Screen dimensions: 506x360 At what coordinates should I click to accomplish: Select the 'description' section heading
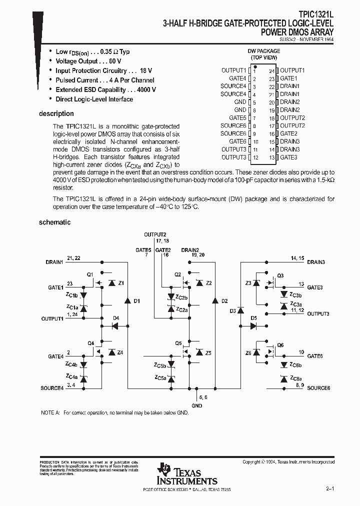56,113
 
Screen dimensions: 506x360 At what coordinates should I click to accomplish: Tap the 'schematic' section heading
54,222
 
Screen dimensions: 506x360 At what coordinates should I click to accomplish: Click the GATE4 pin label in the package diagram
237,78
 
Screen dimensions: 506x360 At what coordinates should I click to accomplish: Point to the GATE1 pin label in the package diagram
288,78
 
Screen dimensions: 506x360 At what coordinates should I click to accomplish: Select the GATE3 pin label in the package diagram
288,157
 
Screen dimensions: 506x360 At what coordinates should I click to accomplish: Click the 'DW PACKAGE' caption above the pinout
263,51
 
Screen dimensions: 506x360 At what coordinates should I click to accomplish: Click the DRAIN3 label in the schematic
316,262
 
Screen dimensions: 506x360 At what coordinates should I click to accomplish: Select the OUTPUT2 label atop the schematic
155,234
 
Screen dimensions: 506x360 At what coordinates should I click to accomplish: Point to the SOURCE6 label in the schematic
318,388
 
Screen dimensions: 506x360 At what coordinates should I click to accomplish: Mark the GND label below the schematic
197,405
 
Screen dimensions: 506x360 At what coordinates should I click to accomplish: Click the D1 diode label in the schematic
137,300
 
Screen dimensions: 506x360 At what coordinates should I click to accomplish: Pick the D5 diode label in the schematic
253,318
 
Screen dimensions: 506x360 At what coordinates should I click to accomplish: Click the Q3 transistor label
280,275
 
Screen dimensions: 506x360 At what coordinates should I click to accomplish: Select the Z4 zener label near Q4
120,352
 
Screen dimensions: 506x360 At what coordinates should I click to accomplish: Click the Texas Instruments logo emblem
163,469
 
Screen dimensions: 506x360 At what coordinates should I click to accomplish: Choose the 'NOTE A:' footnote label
50,413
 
